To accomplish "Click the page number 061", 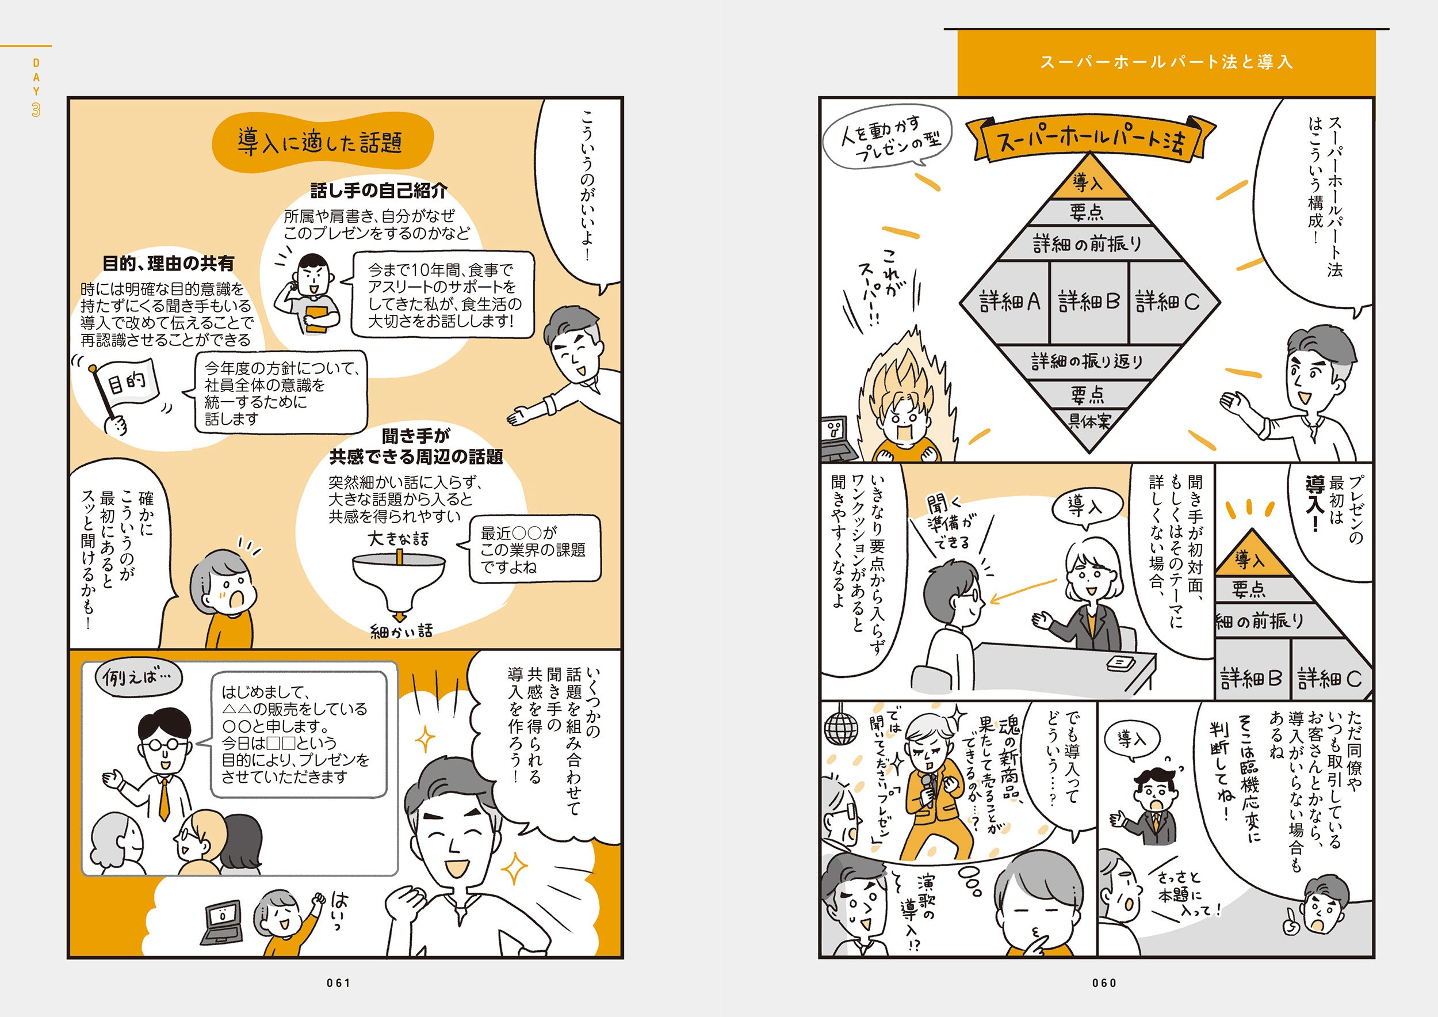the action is point(338,983).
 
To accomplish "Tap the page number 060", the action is point(1104,983).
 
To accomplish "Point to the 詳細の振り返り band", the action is point(1089,361).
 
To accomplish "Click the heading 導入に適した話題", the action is point(320,142).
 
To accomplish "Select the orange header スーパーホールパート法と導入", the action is point(1166,62).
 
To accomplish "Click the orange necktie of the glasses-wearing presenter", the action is point(164,798).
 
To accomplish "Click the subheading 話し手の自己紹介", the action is point(379,191).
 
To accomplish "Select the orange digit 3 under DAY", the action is point(36,111).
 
